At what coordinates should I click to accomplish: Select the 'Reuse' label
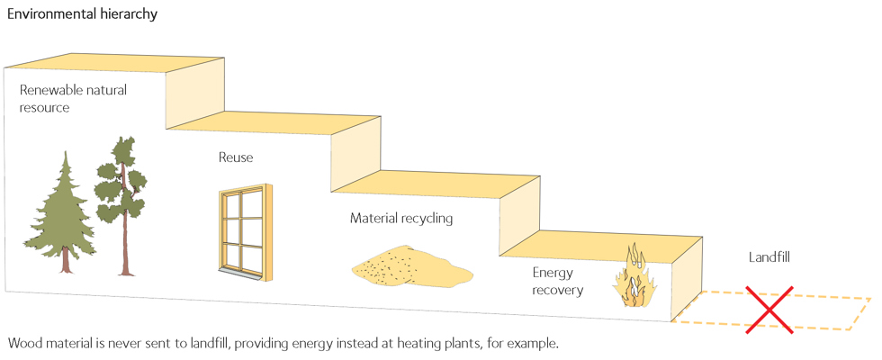(x=236, y=158)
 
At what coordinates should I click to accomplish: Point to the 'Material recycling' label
(x=400, y=219)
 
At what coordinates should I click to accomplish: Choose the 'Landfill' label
(x=768, y=257)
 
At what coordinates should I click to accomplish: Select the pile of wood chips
(x=409, y=265)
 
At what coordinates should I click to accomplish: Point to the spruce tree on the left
(x=65, y=211)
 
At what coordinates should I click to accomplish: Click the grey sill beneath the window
(x=239, y=273)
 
